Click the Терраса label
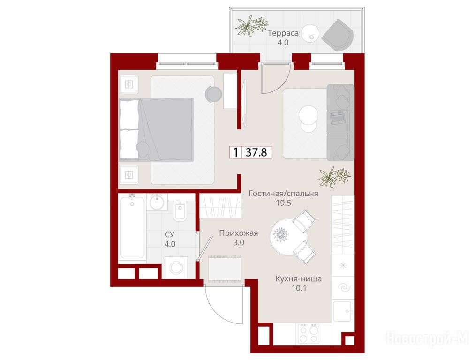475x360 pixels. (x=283, y=33)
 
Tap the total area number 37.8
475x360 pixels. (x=256, y=152)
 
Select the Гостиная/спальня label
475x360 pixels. (x=283, y=194)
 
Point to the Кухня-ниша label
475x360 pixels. (x=299, y=278)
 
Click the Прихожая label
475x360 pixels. (x=238, y=233)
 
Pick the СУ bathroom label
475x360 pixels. (x=170, y=234)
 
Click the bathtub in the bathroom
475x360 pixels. (x=132, y=227)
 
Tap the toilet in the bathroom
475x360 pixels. (x=181, y=210)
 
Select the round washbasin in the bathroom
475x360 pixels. (x=157, y=202)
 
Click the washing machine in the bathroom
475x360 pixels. (x=176, y=267)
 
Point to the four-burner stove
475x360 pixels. (x=308, y=333)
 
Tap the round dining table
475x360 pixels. (x=288, y=237)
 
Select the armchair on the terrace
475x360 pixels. (x=338, y=35)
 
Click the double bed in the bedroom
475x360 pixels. (x=156, y=129)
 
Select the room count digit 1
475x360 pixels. (x=235, y=152)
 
